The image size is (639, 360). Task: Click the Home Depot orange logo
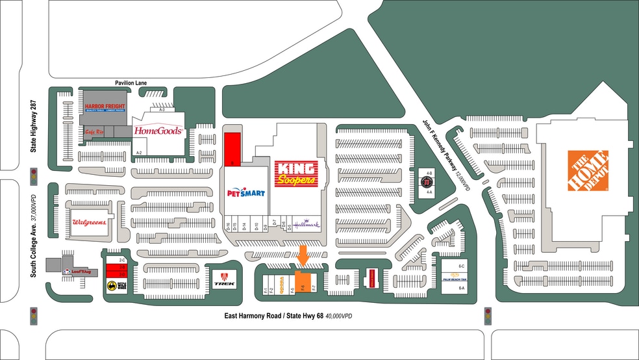click(x=588, y=171)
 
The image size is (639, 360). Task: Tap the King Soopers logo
click(x=296, y=173)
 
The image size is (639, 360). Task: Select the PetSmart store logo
click(x=245, y=193)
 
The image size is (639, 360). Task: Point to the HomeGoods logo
click(x=158, y=131)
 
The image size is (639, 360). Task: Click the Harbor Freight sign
click(x=103, y=109)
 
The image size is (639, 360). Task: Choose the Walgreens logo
click(x=89, y=222)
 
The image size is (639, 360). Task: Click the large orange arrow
click(x=303, y=255)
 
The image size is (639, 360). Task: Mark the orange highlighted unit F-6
click(x=302, y=283)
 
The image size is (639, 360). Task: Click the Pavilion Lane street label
click(x=132, y=83)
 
